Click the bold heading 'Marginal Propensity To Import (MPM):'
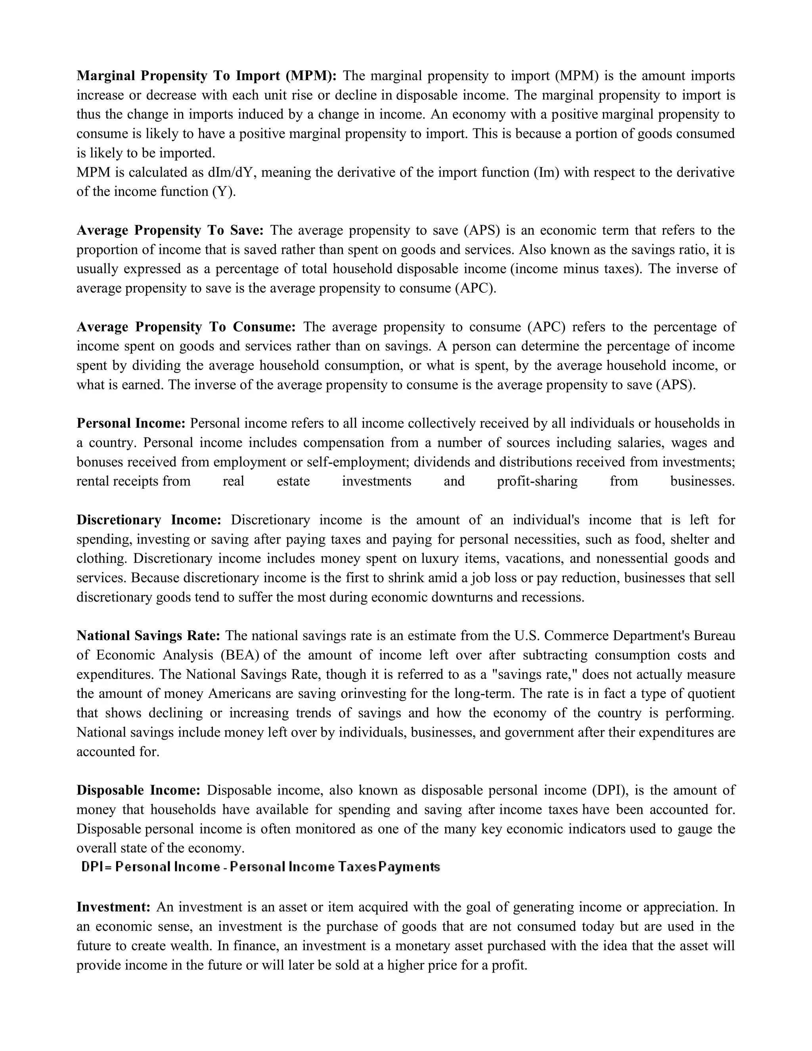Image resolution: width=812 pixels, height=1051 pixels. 207,76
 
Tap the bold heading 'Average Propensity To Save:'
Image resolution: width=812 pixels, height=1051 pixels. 170,230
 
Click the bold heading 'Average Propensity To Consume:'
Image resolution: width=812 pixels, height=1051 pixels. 186,327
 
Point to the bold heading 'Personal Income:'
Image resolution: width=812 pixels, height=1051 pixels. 131,424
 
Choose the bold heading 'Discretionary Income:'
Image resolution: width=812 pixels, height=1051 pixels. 149,520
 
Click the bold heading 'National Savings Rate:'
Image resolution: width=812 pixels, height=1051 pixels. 148,636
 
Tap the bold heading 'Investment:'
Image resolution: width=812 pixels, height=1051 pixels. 113,907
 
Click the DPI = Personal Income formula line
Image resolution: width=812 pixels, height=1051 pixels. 260,867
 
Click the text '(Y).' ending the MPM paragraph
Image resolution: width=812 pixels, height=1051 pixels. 224,192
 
